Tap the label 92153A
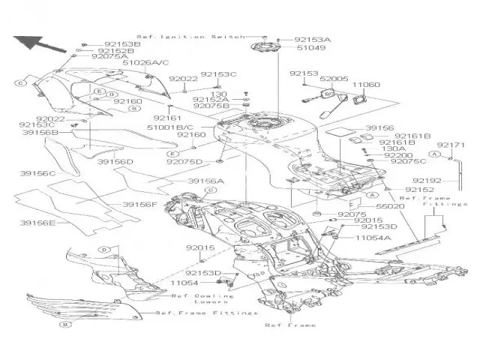coord(312,37)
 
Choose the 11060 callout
coord(365,85)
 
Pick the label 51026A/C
coord(145,63)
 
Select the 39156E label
coord(37,223)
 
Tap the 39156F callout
coord(140,204)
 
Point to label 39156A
coord(205,181)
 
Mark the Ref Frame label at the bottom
coord(290,325)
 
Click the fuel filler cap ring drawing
coord(266,53)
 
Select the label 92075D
coord(184,161)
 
